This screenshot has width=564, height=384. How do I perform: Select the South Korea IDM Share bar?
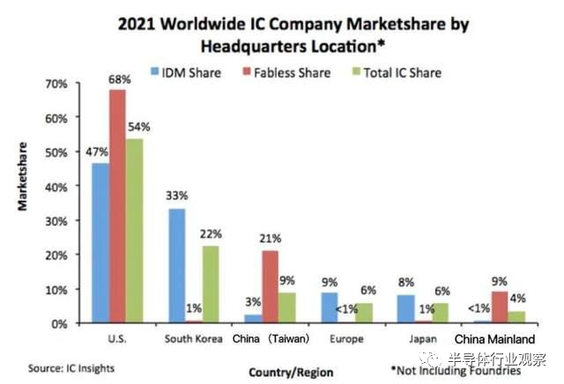pos(177,266)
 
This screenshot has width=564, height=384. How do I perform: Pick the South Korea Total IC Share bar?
pos(210,284)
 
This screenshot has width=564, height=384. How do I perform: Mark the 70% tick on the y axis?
pos(56,84)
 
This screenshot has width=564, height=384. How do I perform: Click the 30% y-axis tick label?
pos(56,220)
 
